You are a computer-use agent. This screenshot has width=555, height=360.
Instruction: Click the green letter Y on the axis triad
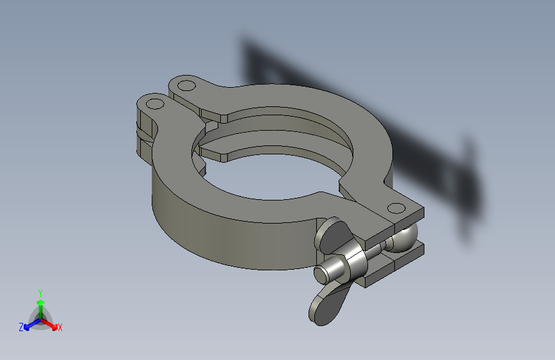tap(40, 293)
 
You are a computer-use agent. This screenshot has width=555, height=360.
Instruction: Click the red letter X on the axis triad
tap(60, 327)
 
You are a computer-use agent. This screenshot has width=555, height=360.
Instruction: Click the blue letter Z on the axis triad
tap(21, 327)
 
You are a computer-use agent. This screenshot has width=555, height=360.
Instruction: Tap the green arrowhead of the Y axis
tap(41, 303)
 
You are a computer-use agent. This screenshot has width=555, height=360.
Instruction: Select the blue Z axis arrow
tap(33, 324)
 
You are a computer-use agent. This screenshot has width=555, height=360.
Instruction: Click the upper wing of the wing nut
tap(332, 235)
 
